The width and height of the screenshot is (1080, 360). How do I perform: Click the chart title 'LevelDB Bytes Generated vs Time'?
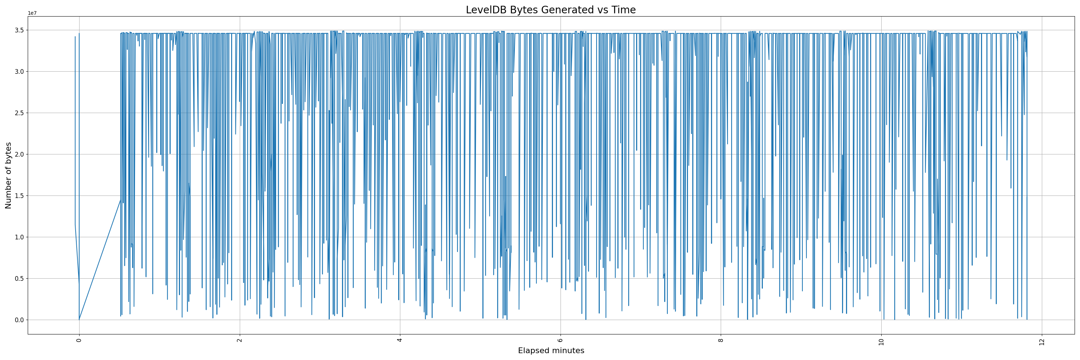tap(550, 10)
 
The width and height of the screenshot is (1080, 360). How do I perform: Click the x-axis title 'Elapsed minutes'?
tap(551, 351)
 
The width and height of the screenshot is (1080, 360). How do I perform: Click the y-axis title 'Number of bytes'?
tap(8, 175)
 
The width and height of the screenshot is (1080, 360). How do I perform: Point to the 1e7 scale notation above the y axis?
tap(32, 13)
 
